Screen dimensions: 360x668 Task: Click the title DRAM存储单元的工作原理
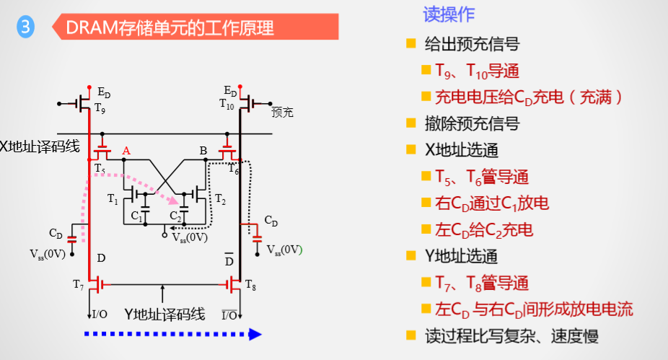[x=170, y=28]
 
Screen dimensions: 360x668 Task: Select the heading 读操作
[x=449, y=14]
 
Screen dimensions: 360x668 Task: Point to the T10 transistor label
[x=227, y=103]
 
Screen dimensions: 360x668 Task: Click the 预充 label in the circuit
[x=283, y=113]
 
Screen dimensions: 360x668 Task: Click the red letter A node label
[x=126, y=150]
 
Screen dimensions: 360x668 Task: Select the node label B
[x=203, y=151]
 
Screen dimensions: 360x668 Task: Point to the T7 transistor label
[x=78, y=284]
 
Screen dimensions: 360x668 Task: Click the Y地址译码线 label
[x=165, y=314]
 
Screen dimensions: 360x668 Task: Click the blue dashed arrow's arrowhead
[x=255, y=334]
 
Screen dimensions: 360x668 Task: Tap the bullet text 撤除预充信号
[x=473, y=123]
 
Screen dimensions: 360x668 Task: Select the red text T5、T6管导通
[x=482, y=177]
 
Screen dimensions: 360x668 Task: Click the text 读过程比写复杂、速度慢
[x=511, y=335]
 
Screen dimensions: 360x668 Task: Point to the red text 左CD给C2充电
[x=483, y=230]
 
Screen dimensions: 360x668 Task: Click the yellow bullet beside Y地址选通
[x=411, y=256]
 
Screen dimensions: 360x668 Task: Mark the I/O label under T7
[x=100, y=314]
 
